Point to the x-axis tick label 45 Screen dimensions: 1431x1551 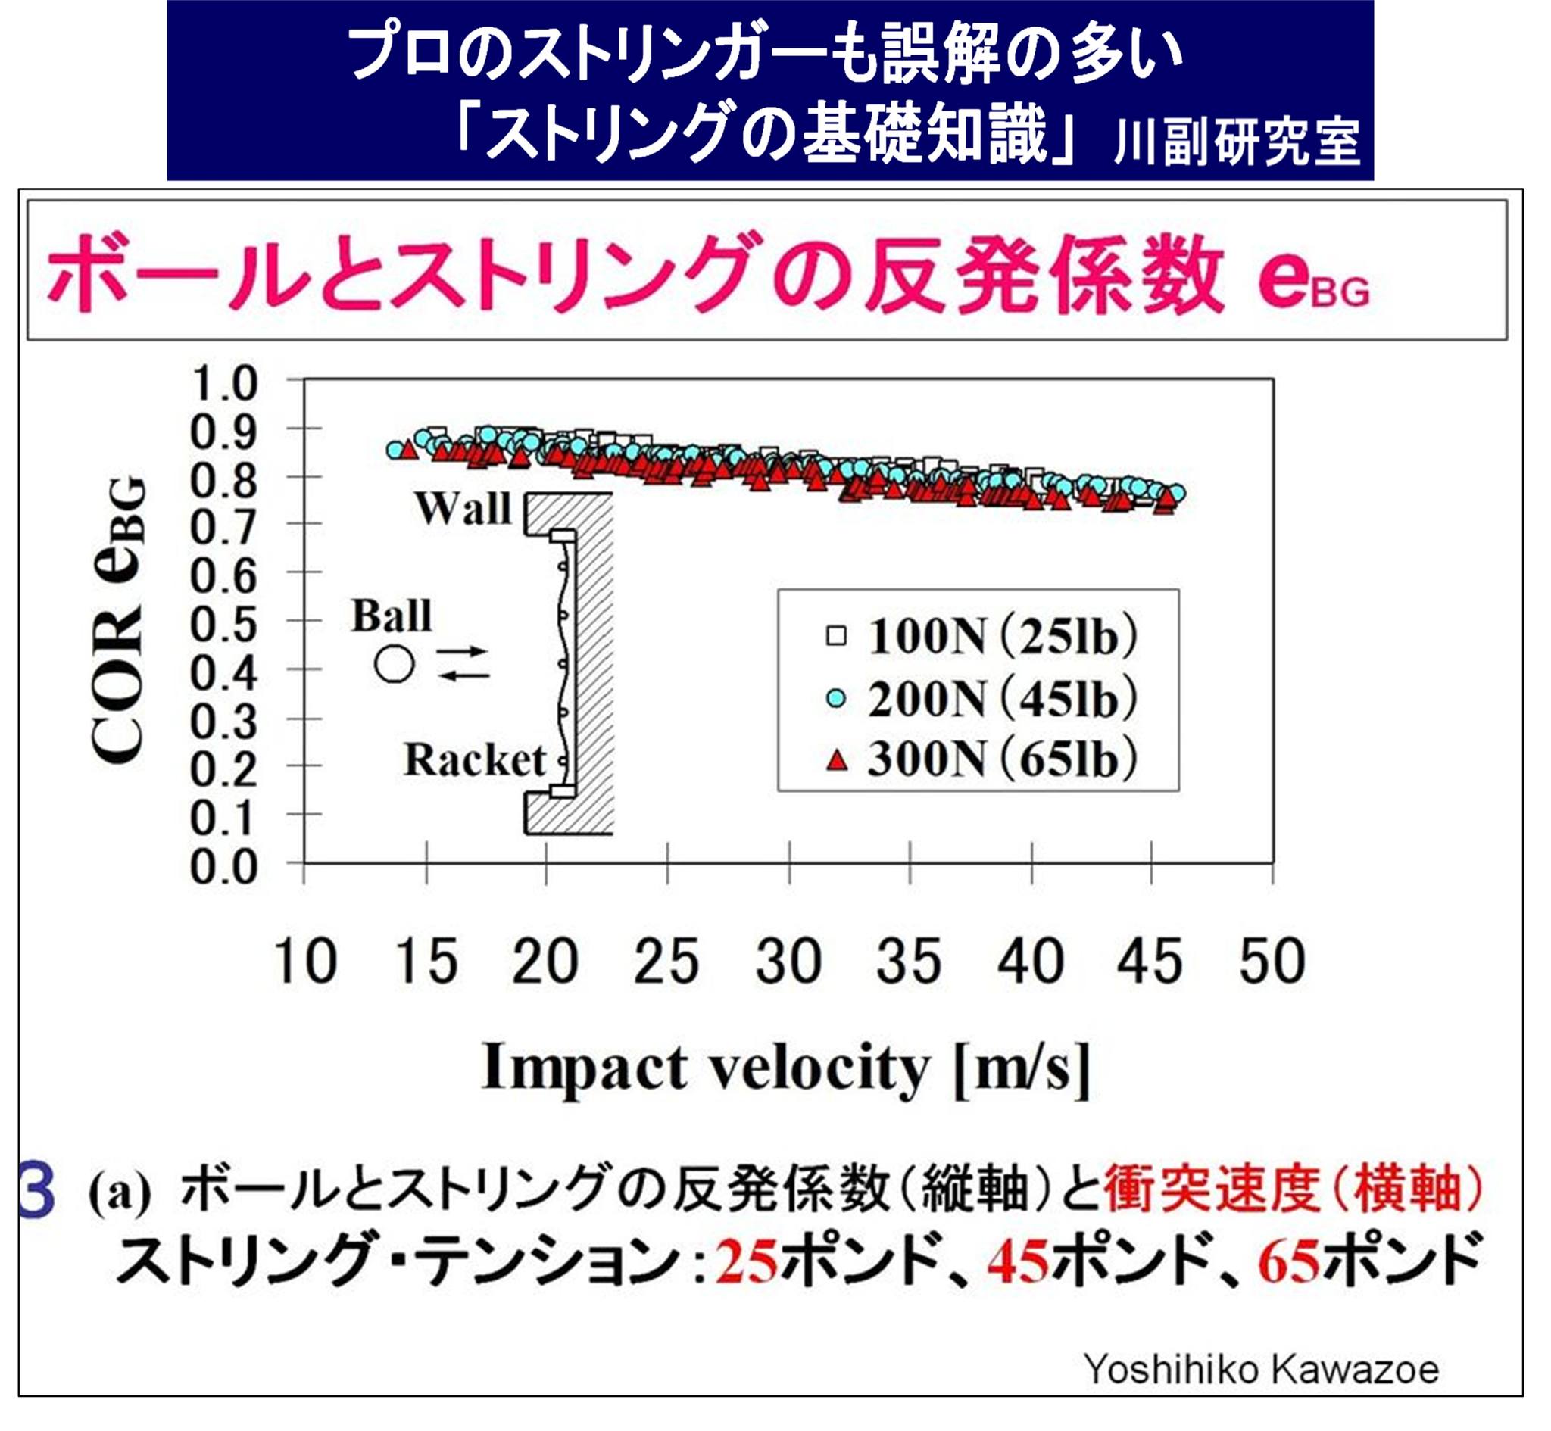[1150, 962]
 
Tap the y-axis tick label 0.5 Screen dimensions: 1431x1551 [223, 624]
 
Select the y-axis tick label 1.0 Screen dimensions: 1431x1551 [223, 383]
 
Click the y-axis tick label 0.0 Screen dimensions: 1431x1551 [223, 867]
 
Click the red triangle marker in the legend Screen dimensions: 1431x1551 [836, 760]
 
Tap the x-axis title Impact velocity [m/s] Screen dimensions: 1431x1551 [786, 1068]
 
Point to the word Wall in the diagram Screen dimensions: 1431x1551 [463, 509]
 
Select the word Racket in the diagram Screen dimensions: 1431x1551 [475, 759]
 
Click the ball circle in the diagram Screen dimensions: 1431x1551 [395, 665]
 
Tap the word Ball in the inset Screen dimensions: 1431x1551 [391, 616]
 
